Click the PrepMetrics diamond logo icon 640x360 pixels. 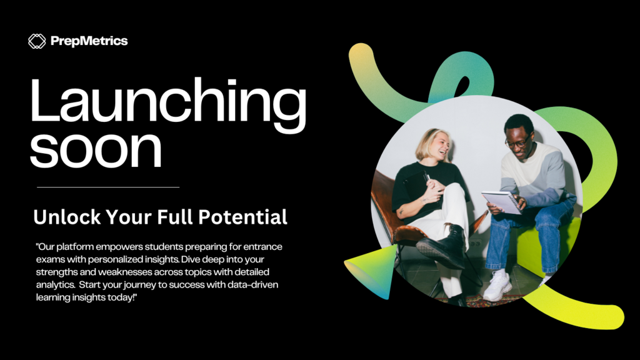tap(37, 41)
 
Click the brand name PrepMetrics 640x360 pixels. tap(89, 41)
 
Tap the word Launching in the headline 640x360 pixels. tap(167, 105)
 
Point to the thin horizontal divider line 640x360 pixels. tap(108, 187)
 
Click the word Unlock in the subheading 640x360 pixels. tap(67, 217)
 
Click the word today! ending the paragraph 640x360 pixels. tap(122, 297)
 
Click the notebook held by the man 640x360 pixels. tap(502, 202)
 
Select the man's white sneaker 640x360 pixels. tap(497, 285)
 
